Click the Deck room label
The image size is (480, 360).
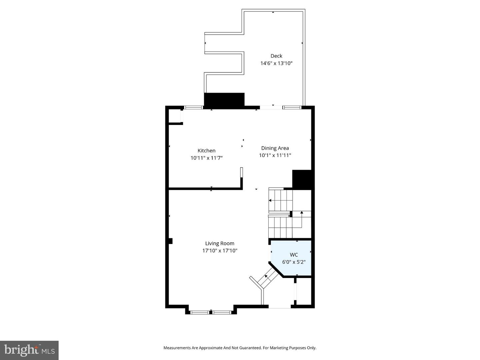click(276, 56)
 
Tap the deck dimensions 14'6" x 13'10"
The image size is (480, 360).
click(276, 63)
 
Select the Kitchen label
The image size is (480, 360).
click(206, 151)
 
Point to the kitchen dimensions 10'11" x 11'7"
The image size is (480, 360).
click(206, 158)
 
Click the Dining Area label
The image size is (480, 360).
click(275, 148)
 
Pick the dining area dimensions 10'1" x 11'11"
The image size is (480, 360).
click(275, 155)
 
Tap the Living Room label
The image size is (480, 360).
click(220, 243)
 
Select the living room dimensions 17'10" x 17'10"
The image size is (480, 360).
click(220, 251)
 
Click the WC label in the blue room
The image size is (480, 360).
click(294, 255)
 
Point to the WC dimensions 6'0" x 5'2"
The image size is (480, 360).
click(294, 262)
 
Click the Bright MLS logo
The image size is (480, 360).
click(29, 350)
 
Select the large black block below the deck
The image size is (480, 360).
click(224, 100)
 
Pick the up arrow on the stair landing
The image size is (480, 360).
click(302, 212)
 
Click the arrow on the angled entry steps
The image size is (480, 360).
click(266, 276)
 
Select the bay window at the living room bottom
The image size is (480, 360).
click(211, 312)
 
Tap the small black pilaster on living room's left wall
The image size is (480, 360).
click(170, 241)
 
